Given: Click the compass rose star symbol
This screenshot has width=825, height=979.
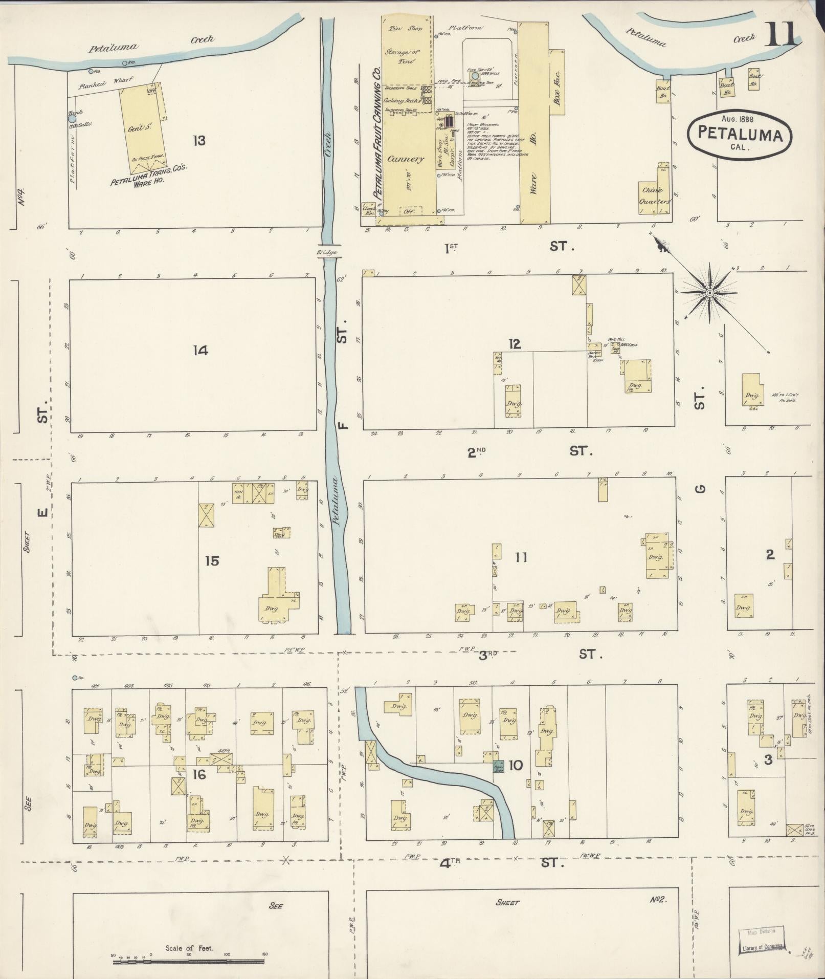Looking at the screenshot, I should (x=709, y=293).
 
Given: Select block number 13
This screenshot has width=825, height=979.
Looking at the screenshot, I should (x=199, y=140).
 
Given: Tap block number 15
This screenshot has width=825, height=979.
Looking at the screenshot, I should (x=212, y=561).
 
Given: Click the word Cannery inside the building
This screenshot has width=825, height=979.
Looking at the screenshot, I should (x=405, y=159).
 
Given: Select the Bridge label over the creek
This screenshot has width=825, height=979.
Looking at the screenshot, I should (x=325, y=252).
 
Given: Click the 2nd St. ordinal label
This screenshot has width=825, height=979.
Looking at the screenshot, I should (x=476, y=452).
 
